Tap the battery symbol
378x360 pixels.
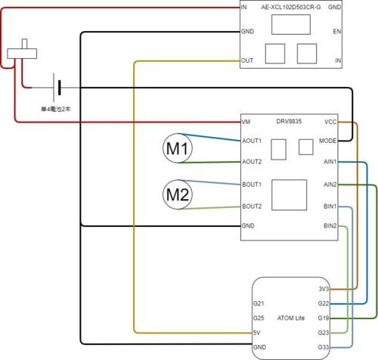click(57, 88)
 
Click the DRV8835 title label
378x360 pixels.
click(289, 121)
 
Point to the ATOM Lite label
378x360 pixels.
click(291, 318)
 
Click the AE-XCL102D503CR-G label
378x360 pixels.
click(291, 7)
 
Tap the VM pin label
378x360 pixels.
click(246, 122)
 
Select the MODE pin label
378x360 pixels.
click(327, 141)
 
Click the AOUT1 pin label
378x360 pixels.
click(252, 141)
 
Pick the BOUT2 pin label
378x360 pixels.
click(252, 206)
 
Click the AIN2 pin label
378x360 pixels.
click(330, 185)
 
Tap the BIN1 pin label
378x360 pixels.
click(330, 206)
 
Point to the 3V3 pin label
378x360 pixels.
click(324, 289)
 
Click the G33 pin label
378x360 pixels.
click(324, 347)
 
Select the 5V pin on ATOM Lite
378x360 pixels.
click(257, 333)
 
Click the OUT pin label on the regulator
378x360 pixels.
click(247, 61)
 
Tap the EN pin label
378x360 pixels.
click(337, 32)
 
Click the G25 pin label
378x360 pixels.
click(259, 318)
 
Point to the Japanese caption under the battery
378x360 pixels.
click(56, 109)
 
